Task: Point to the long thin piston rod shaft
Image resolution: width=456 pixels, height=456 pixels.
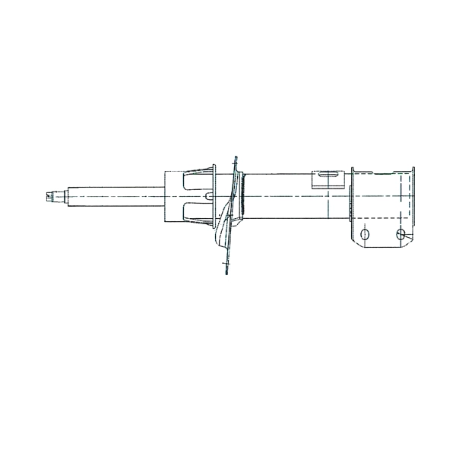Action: (x=114, y=196)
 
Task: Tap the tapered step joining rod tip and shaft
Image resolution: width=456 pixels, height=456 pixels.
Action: (x=63, y=196)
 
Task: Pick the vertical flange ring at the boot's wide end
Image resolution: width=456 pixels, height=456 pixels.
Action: (x=215, y=196)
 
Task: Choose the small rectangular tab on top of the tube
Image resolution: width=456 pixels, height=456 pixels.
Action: (x=328, y=179)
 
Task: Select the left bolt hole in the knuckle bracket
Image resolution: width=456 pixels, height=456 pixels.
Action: (x=365, y=234)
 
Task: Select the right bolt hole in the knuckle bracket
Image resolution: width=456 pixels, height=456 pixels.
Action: (x=401, y=234)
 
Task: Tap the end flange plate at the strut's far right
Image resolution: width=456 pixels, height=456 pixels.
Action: (x=413, y=199)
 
